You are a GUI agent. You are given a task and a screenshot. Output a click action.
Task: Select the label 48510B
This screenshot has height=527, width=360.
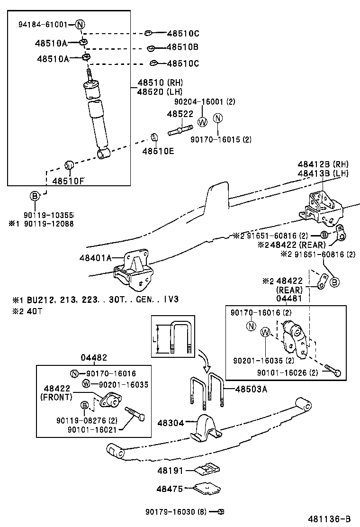[x=182, y=47]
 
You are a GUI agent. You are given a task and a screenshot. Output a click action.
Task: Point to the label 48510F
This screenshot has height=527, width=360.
[x=68, y=181]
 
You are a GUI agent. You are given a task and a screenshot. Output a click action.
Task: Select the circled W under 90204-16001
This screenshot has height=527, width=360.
[x=202, y=121]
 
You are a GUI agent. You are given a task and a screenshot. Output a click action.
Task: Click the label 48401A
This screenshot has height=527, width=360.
[x=96, y=258]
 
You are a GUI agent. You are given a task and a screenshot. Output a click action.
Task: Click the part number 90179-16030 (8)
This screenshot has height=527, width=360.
[x=176, y=511]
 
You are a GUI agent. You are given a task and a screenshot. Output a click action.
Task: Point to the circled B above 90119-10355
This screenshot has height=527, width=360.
[x=35, y=196]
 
